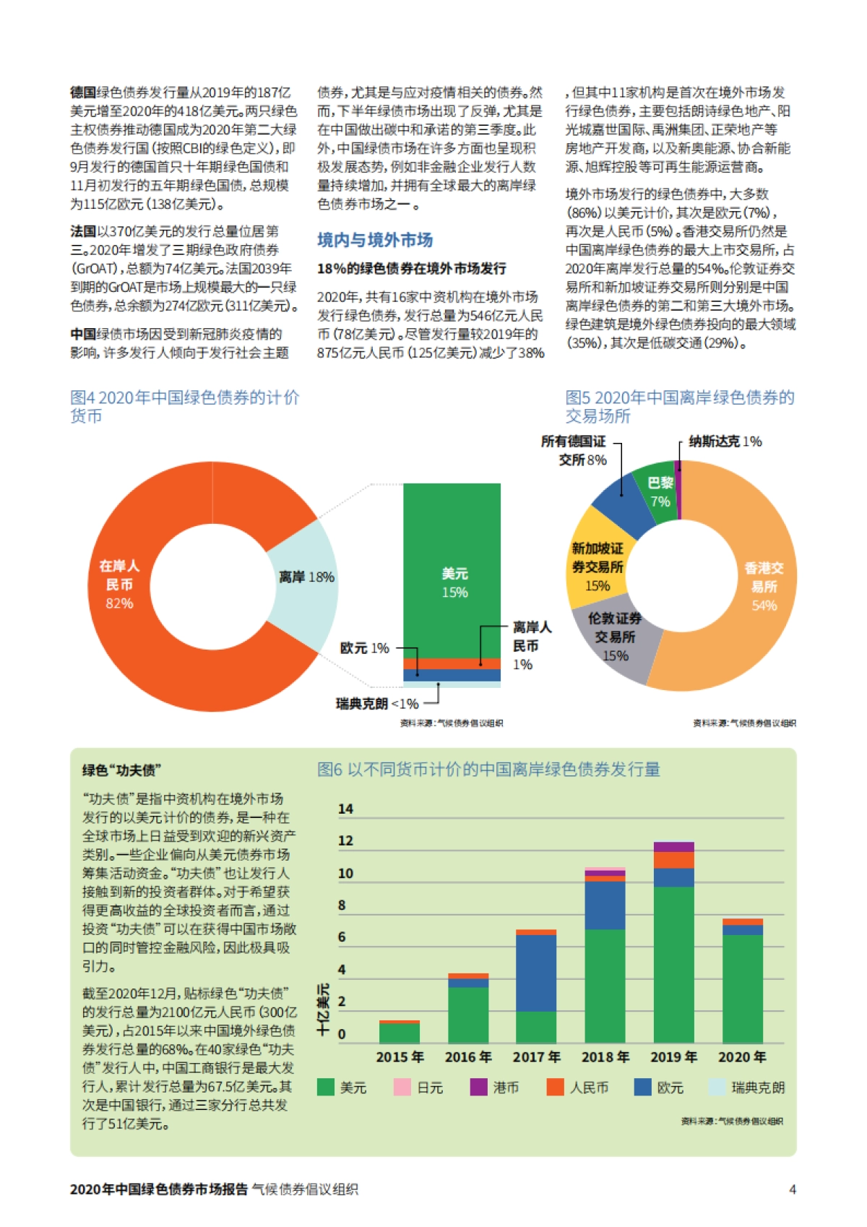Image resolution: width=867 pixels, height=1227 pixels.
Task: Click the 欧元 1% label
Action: click(x=365, y=648)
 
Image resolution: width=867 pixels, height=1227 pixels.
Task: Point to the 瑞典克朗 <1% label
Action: click(x=376, y=703)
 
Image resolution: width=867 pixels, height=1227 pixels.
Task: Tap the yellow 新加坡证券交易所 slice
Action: click(x=595, y=564)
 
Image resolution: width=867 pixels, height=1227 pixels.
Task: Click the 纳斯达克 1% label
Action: click(x=725, y=442)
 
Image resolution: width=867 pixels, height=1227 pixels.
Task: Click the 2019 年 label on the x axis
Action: click(x=673, y=1056)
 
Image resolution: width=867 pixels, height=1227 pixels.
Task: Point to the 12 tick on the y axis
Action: click(x=345, y=840)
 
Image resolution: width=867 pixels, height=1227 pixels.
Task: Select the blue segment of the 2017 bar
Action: click(x=536, y=973)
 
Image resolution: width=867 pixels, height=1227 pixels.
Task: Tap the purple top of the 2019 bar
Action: click(x=673, y=847)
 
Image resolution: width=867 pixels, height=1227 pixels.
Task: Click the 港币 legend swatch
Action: click(x=478, y=1087)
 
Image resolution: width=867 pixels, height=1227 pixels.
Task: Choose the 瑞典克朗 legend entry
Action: click(x=747, y=1087)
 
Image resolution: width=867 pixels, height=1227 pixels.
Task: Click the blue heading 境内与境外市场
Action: click(x=375, y=240)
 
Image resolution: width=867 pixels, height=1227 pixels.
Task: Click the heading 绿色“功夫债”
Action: click(x=121, y=770)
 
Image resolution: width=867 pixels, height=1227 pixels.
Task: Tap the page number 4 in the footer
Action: click(x=792, y=1189)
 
